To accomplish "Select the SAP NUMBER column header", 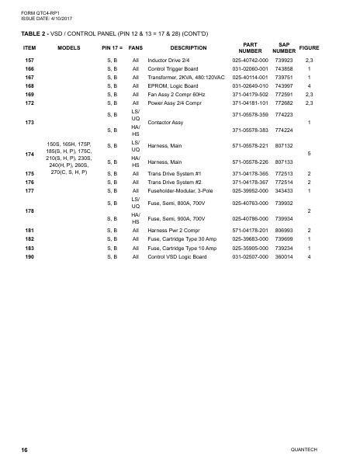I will (284, 47).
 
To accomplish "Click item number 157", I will (29, 60).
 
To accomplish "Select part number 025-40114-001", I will (250, 77).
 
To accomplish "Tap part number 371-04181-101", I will (250, 103).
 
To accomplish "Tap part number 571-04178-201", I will (250, 231).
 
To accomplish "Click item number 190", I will (29, 256).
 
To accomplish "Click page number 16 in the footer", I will (25, 450).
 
